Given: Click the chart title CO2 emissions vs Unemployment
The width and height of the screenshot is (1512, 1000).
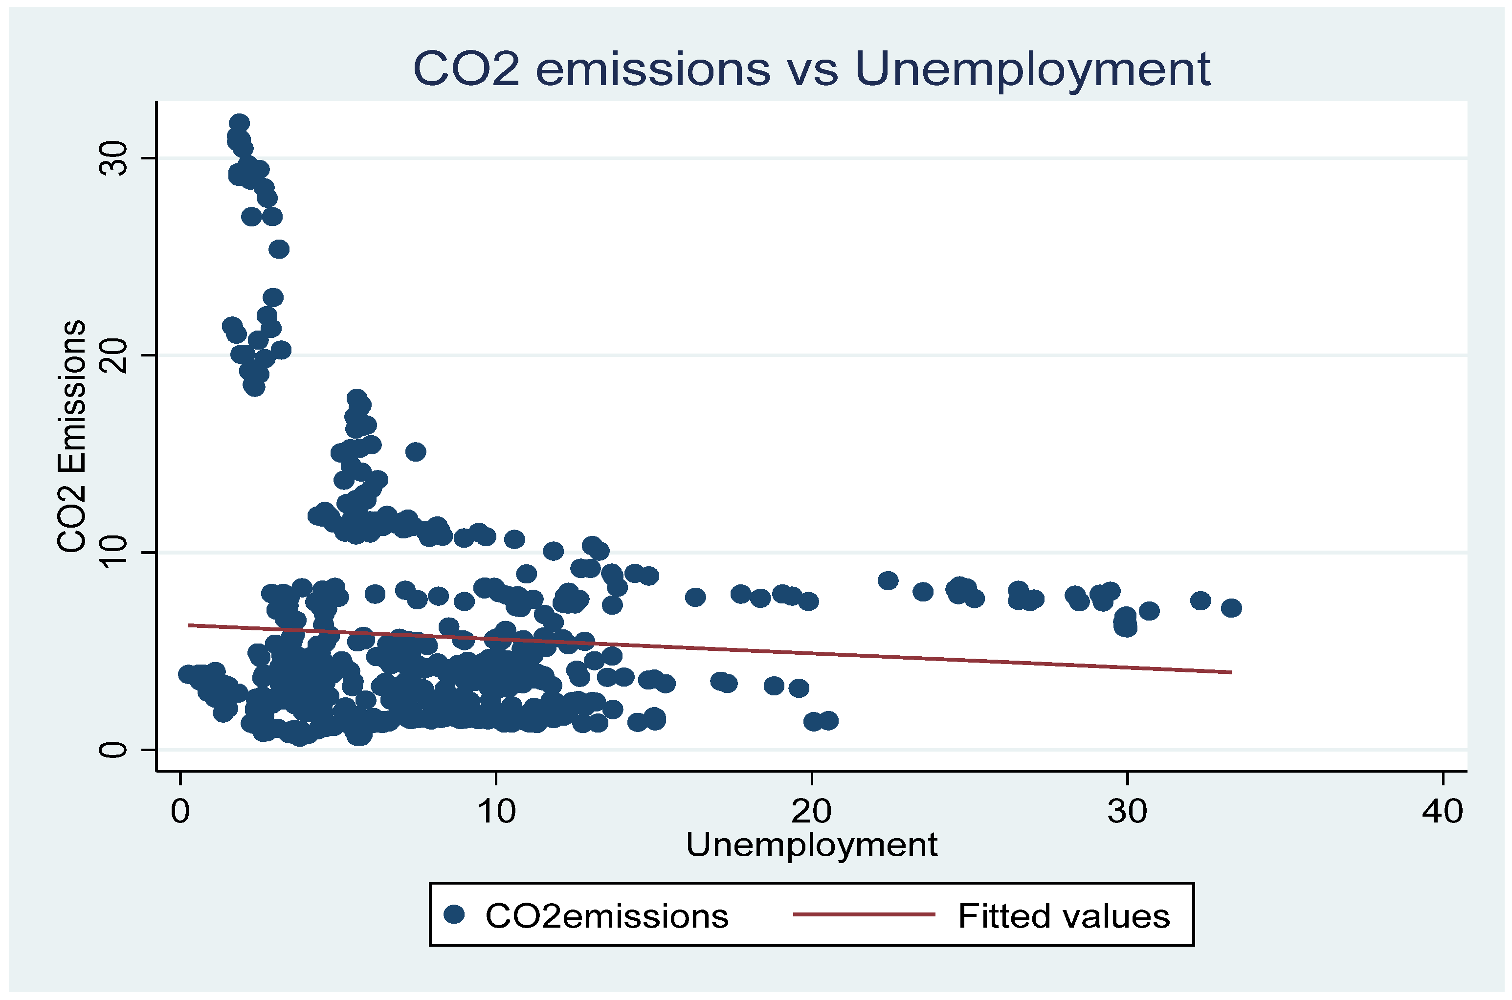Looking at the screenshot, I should click(x=811, y=69).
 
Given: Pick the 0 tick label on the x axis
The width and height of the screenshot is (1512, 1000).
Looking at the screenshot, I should click(x=180, y=811).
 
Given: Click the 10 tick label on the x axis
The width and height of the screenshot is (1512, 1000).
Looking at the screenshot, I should click(x=496, y=811).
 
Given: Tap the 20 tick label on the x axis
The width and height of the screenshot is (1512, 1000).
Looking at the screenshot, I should click(x=811, y=811).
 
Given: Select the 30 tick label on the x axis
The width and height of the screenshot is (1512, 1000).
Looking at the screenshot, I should click(x=1127, y=811).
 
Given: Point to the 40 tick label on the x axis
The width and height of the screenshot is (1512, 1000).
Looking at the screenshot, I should click(x=1443, y=811).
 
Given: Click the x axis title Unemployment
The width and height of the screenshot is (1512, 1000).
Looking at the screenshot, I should click(x=811, y=845).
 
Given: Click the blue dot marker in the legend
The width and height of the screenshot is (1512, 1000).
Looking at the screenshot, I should click(x=454, y=914).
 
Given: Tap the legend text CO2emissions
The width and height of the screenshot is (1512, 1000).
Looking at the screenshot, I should click(x=606, y=916).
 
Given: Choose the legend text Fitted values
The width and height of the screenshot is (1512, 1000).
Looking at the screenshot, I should click(x=1064, y=916).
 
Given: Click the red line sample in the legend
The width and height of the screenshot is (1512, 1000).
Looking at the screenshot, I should click(x=864, y=914).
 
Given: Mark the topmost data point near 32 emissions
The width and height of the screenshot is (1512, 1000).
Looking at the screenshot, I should click(x=239, y=123).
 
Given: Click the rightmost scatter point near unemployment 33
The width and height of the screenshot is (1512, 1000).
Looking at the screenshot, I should click(x=1231, y=608).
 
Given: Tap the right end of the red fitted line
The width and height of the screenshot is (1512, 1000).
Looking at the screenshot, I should click(x=1230, y=672).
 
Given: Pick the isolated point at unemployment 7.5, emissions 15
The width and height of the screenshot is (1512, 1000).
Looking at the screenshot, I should click(x=416, y=451).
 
